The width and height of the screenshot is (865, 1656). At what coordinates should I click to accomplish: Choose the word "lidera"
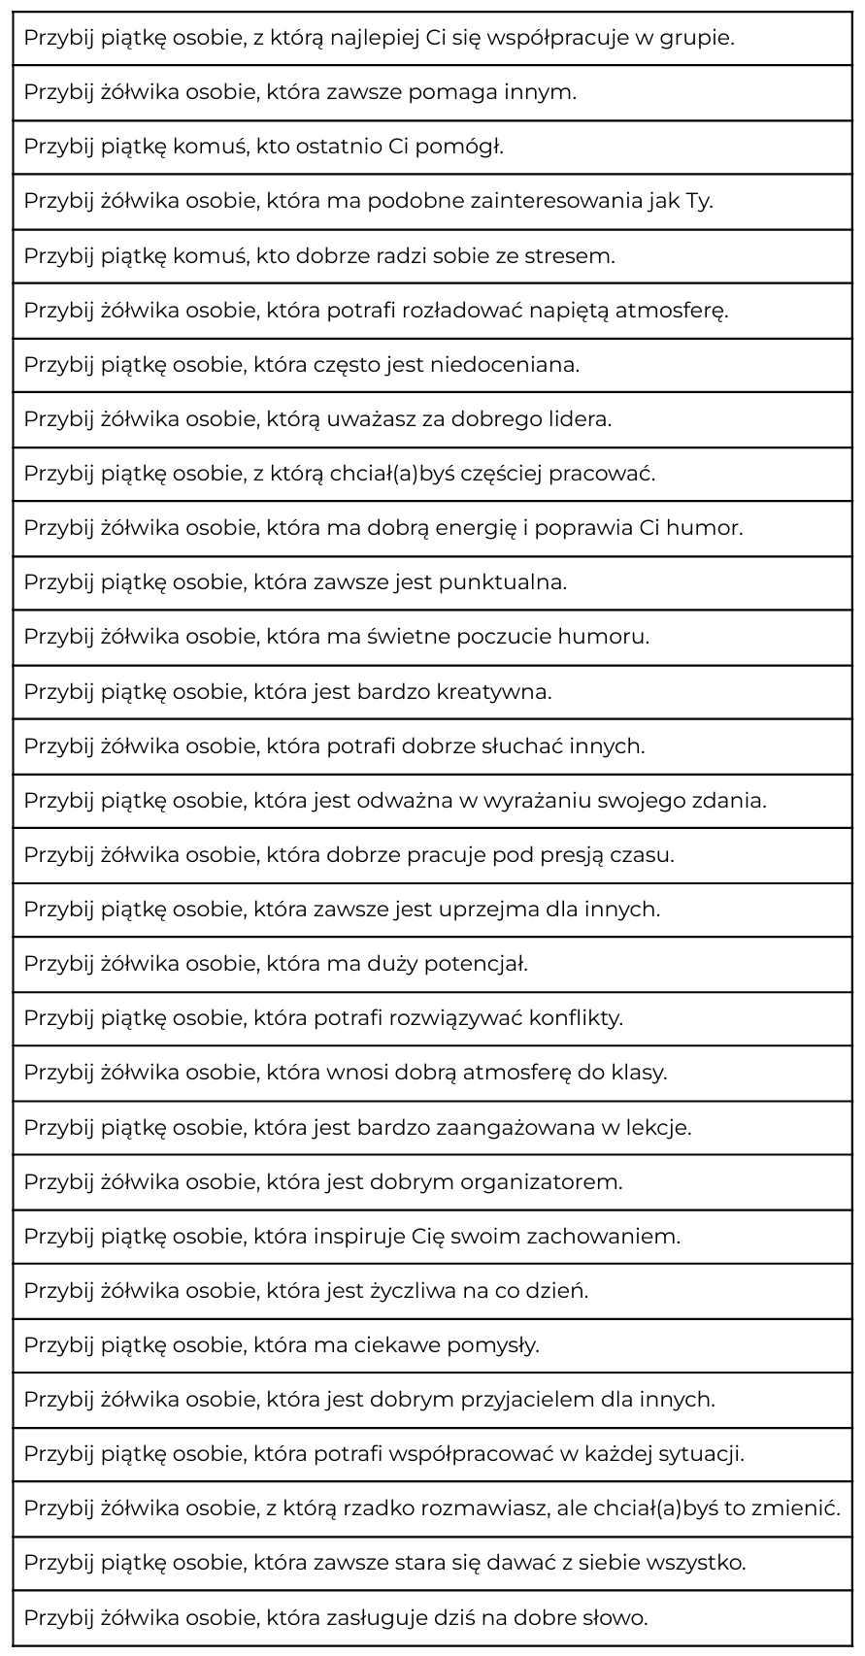pos(582,419)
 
